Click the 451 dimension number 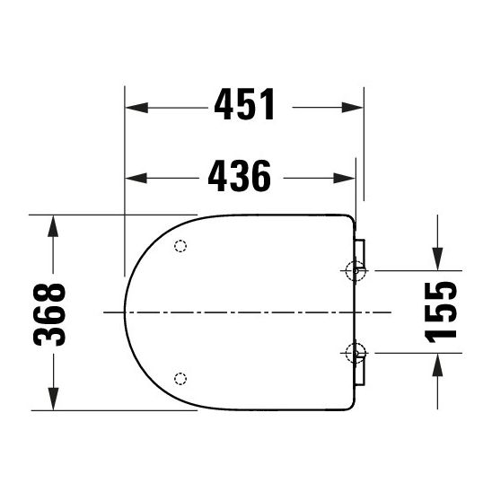tap(244, 106)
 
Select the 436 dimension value tap(239, 176)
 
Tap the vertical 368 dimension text tap(50, 313)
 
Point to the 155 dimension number tap(441, 311)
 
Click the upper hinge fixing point tap(356, 270)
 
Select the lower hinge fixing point tap(356, 353)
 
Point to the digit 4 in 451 tap(224, 106)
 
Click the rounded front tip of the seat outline tap(125, 312)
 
